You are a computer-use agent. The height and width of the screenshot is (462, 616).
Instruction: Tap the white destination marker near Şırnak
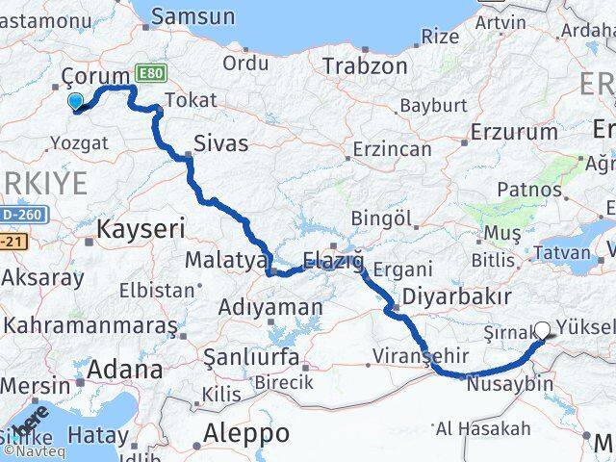tap(542, 331)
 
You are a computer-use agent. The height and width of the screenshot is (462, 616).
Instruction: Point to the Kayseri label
tap(140, 229)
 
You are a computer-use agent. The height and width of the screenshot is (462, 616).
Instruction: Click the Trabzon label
tap(351, 66)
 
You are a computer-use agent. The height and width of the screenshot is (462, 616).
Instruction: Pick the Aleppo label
tap(247, 433)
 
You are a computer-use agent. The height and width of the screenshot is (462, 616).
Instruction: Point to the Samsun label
tap(192, 16)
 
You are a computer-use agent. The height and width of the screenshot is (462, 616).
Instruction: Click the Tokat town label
tap(191, 100)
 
